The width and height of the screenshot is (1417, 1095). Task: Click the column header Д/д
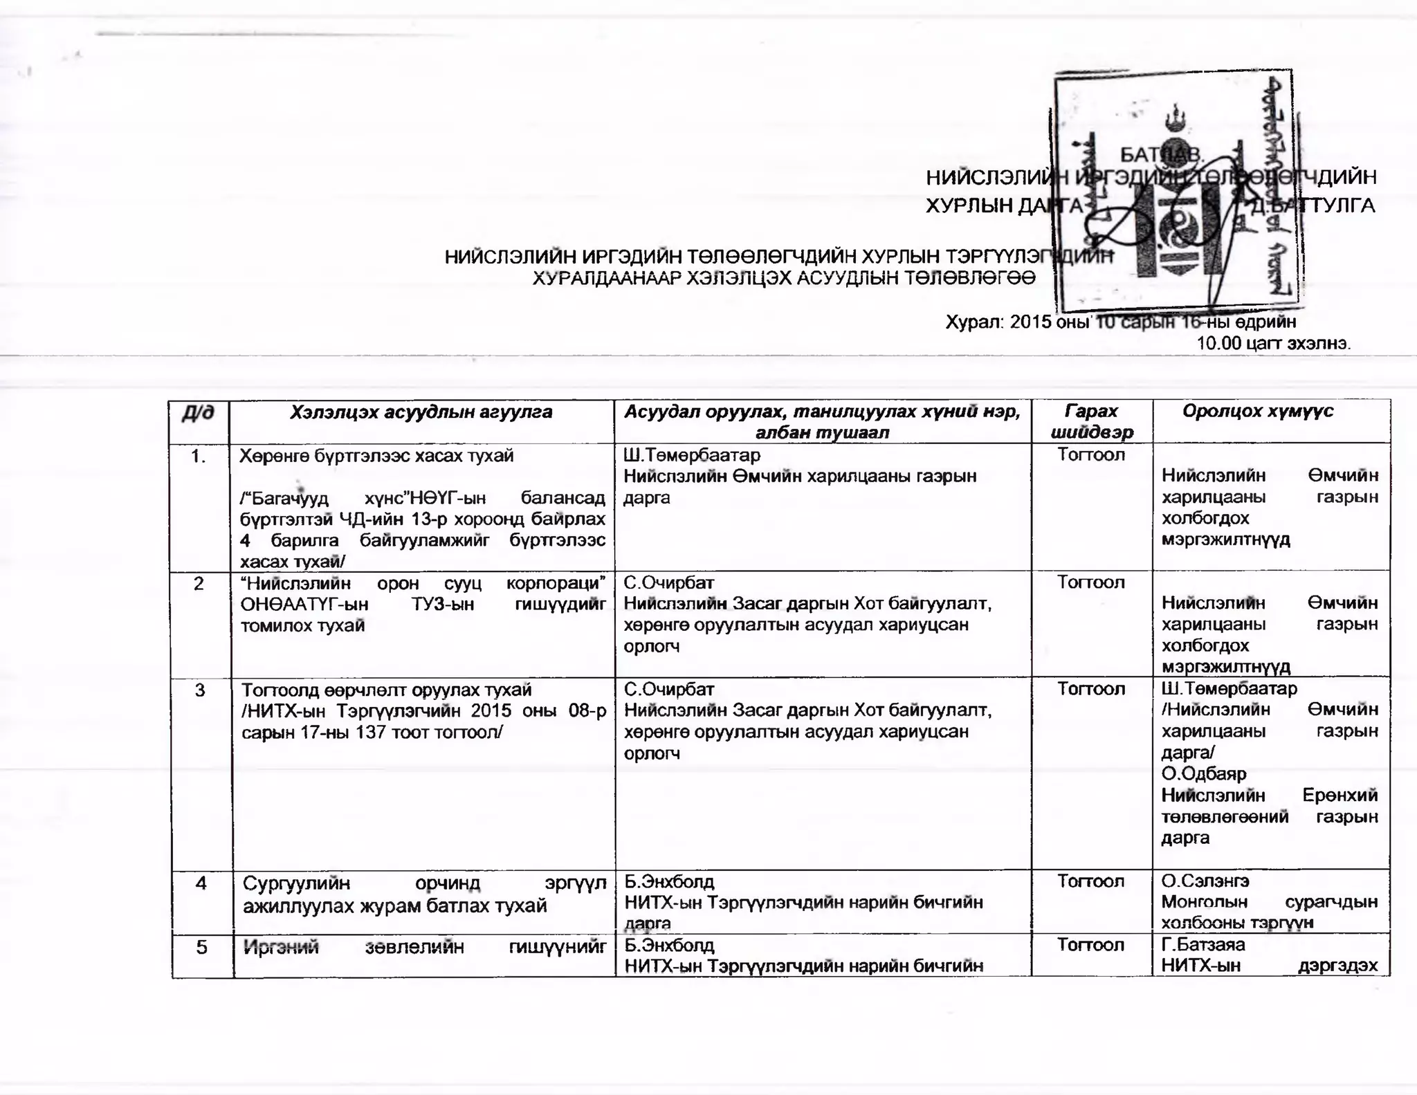pos(198,413)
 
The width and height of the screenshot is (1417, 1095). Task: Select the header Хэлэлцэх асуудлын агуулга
pos(421,412)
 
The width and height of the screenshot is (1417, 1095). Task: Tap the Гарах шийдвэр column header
pos(1092,421)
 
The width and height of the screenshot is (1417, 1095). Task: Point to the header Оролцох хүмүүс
pos(1258,412)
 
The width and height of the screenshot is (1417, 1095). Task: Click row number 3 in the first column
pos(200,690)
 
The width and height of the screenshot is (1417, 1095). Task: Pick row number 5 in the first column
pos(201,946)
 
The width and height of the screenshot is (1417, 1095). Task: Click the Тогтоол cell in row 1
pos(1091,455)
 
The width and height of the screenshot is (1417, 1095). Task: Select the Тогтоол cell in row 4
pos(1091,881)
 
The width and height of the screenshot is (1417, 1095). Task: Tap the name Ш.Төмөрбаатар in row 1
pos(692,455)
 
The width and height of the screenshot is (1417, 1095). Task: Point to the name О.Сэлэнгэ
pos(1205,881)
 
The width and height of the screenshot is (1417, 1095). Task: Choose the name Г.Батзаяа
pos(1203,945)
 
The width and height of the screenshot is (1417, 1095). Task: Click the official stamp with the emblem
pos(1173,190)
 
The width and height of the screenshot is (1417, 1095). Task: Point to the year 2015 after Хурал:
pos(1031,322)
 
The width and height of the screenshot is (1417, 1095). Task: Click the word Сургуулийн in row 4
pos(297,884)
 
